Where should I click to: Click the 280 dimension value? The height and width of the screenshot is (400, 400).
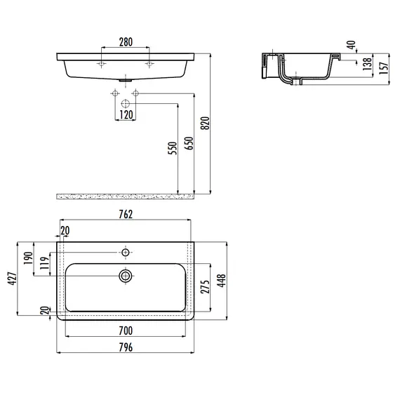126,43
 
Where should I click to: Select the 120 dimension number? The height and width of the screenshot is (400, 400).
126,114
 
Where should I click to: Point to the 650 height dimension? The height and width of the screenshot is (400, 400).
188,143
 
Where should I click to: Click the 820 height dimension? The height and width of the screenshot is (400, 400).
205,123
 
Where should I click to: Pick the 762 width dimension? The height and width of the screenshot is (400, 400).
125,215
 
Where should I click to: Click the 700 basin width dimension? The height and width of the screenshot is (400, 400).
125,329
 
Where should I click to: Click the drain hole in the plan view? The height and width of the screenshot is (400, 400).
126,275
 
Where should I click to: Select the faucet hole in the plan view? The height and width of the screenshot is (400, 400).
126,251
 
